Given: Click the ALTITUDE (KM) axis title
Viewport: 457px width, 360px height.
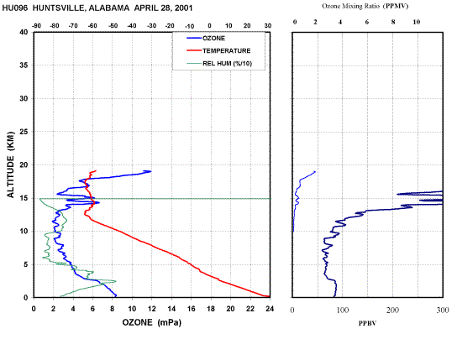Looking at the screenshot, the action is (10, 164).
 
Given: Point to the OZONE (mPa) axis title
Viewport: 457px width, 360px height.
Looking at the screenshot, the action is (151, 322).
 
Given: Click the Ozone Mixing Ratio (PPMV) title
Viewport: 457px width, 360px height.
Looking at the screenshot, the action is (365, 6).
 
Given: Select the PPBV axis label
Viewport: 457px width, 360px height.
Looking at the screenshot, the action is (367, 323).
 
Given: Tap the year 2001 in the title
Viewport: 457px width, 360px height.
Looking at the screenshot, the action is (184, 8).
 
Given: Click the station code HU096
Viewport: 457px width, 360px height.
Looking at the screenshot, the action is (15, 8).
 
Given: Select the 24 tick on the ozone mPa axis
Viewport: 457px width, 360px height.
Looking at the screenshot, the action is (270, 309).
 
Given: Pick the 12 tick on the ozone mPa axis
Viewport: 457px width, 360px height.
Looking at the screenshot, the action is (151, 309).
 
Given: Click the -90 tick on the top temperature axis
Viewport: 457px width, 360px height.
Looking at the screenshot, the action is (36, 26).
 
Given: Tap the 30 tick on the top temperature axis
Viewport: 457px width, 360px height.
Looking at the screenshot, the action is (268, 26).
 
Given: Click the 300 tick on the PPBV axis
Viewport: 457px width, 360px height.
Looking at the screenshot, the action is (443, 310).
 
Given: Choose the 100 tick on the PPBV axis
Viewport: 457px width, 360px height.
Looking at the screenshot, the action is (343, 310).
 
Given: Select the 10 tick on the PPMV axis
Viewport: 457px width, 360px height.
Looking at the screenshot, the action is (417, 22).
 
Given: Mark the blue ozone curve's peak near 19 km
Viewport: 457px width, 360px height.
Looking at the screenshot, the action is (150, 171).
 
